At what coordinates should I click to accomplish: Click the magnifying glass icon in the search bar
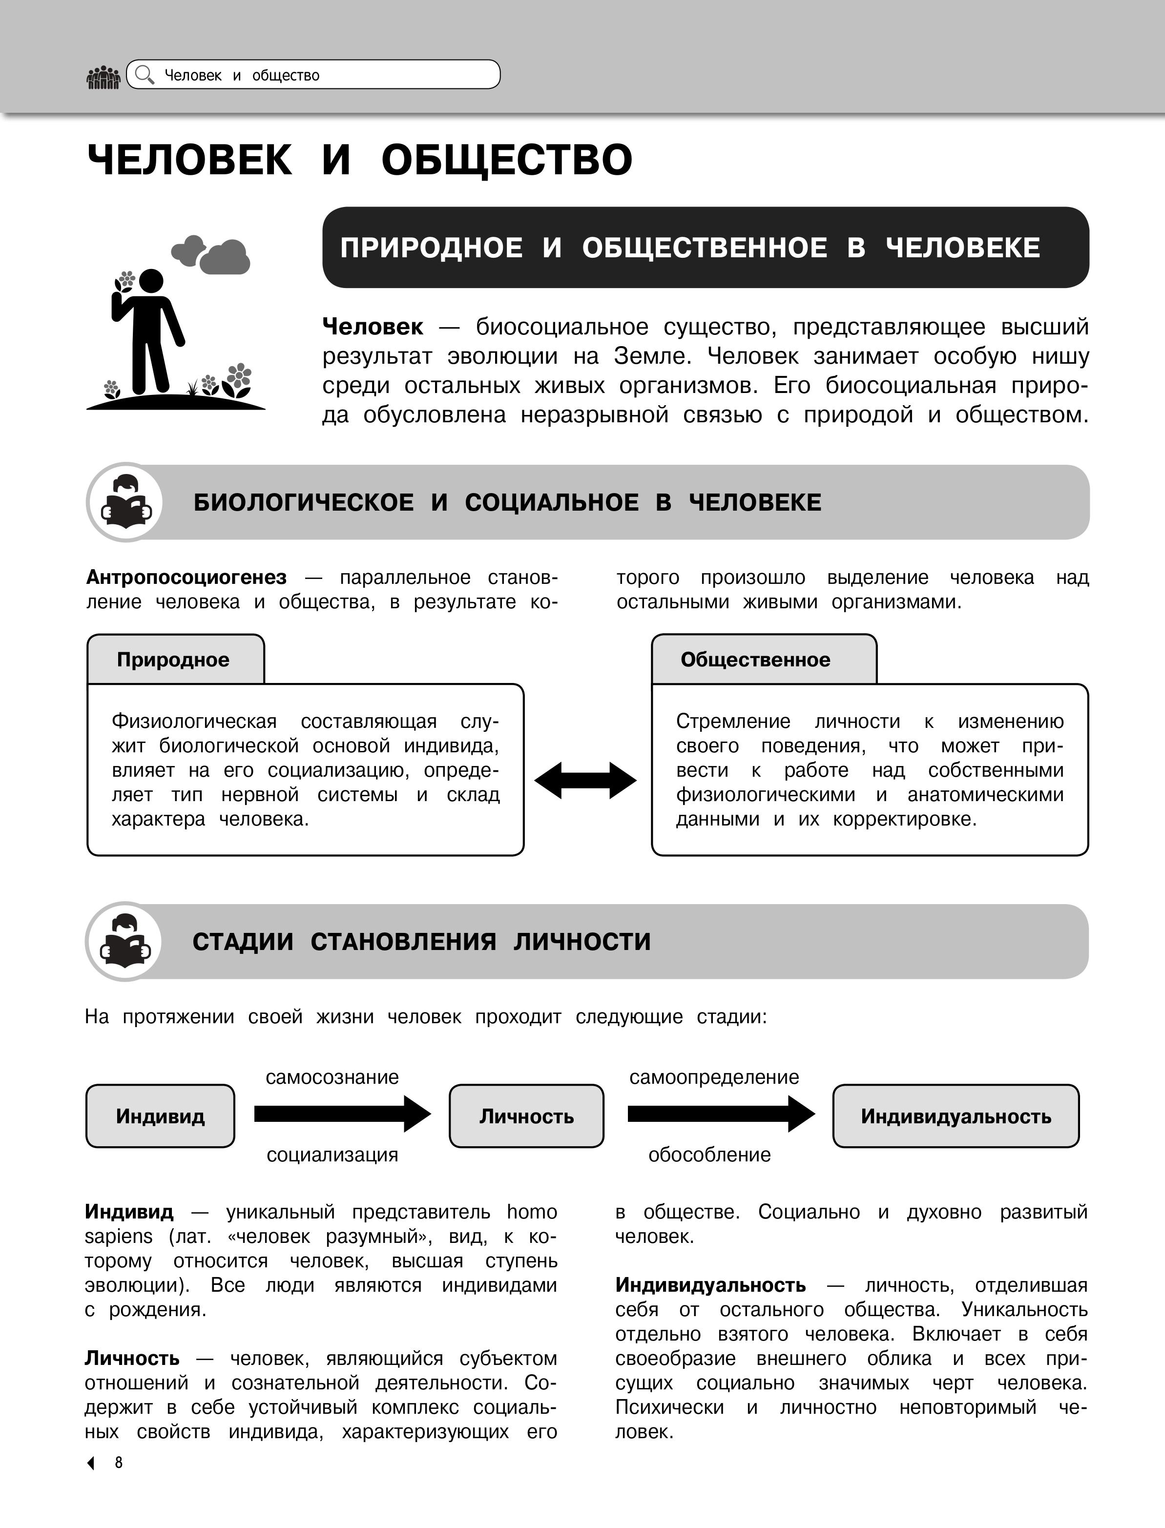(144, 75)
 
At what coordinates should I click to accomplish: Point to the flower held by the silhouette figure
(125, 280)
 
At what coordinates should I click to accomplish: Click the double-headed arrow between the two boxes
(585, 780)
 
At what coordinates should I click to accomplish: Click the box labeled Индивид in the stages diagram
(160, 1115)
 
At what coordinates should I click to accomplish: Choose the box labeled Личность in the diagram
(526, 1115)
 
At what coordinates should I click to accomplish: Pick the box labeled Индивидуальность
(956, 1115)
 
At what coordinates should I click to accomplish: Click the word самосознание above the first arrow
(332, 1076)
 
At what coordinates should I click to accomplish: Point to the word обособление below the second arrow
(709, 1155)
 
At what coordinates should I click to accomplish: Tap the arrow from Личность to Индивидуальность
(721, 1114)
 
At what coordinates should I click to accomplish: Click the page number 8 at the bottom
(119, 1462)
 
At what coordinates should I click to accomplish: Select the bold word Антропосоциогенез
(186, 577)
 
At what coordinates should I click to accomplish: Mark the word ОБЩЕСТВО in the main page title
(506, 160)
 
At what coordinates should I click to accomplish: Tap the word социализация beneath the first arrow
(332, 1155)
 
